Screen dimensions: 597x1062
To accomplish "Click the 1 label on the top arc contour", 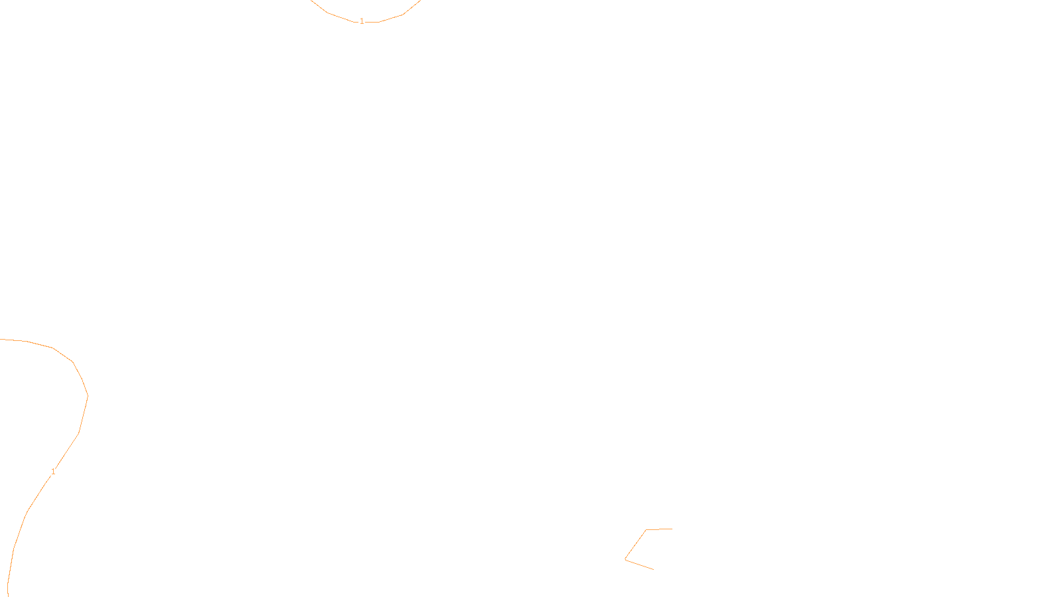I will pyautogui.click(x=362, y=22).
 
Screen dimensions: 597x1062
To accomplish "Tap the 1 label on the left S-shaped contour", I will pyautogui.click(x=53, y=472).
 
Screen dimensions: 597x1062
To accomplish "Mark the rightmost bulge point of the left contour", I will pyautogui.click(x=88, y=396).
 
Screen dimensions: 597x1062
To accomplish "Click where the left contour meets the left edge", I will pyautogui.click(x=1, y=339).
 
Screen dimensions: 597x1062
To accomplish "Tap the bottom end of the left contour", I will pyautogui.click(x=7, y=595).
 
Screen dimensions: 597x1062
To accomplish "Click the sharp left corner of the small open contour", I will pyautogui.click(x=625, y=559).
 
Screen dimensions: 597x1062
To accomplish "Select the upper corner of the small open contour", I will pyautogui.click(x=646, y=530).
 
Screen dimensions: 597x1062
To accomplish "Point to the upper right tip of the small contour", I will pyautogui.click(x=672, y=529).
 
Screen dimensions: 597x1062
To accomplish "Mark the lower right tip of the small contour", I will pyautogui.click(x=653, y=569).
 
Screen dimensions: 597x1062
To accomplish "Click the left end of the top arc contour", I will pyautogui.click(x=311, y=1).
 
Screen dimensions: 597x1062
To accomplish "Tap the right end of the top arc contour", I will pyautogui.click(x=419, y=1).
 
